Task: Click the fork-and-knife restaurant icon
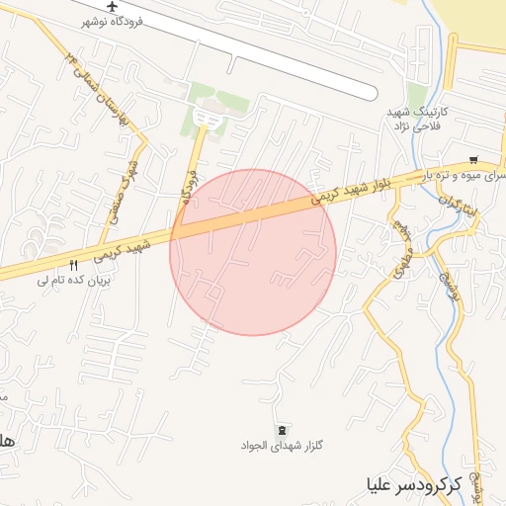tap(73, 266)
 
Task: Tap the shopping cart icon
tap(475, 160)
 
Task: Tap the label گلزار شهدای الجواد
tap(283, 446)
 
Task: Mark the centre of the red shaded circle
tap(253, 252)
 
